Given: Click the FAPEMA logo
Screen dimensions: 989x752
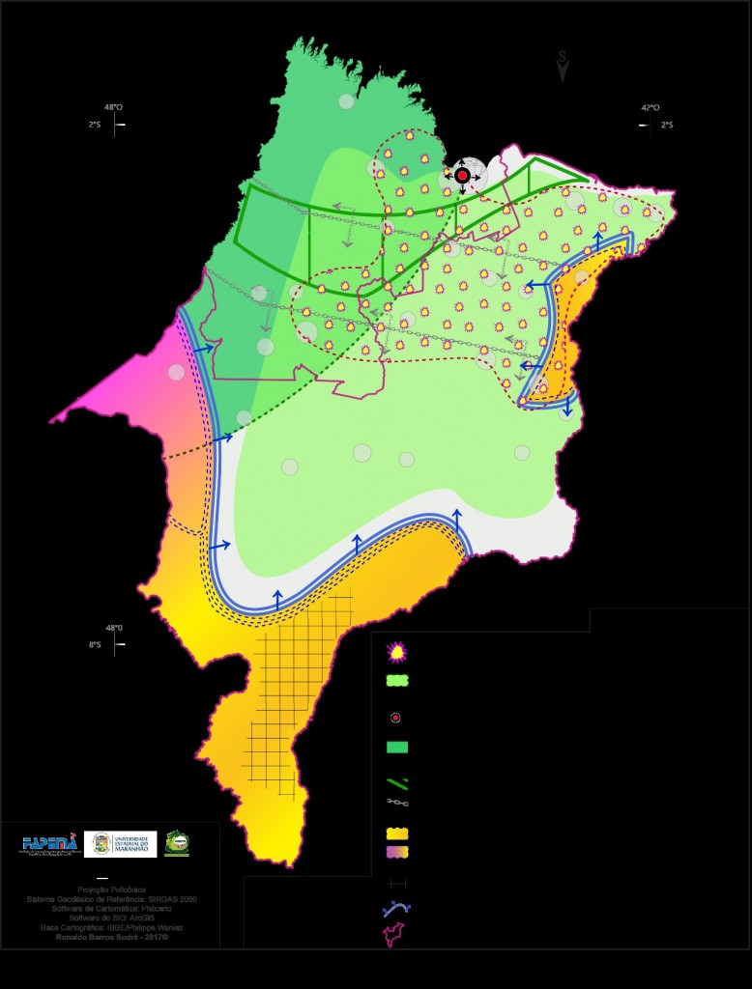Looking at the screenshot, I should (x=50, y=844).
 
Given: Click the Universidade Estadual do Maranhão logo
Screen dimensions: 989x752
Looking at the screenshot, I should (x=120, y=844).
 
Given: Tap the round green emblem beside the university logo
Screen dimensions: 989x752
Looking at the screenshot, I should (x=177, y=843).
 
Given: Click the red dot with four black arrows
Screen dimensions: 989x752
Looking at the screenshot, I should (x=462, y=176).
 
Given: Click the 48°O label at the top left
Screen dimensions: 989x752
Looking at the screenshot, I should (x=113, y=107).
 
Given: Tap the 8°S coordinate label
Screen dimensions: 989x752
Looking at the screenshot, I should (x=96, y=644).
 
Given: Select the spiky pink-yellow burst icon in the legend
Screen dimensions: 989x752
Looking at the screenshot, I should (x=396, y=653).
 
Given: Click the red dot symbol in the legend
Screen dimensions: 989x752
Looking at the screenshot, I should (x=396, y=718).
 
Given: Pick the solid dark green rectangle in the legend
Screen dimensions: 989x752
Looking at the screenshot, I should (x=396, y=747).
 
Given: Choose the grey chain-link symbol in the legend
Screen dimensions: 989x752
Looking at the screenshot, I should (x=397, y=802).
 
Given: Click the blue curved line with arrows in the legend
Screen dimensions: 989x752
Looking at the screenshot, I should (x=396, y=909).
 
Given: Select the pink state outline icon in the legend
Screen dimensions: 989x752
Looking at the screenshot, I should (x=396, y=934).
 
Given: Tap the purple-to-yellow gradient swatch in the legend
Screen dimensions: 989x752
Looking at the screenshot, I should (x=396, y=851).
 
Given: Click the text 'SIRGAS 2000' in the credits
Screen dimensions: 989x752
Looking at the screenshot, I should (x=168, y=898).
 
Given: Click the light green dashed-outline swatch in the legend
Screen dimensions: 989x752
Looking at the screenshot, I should (x=396, y=680).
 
